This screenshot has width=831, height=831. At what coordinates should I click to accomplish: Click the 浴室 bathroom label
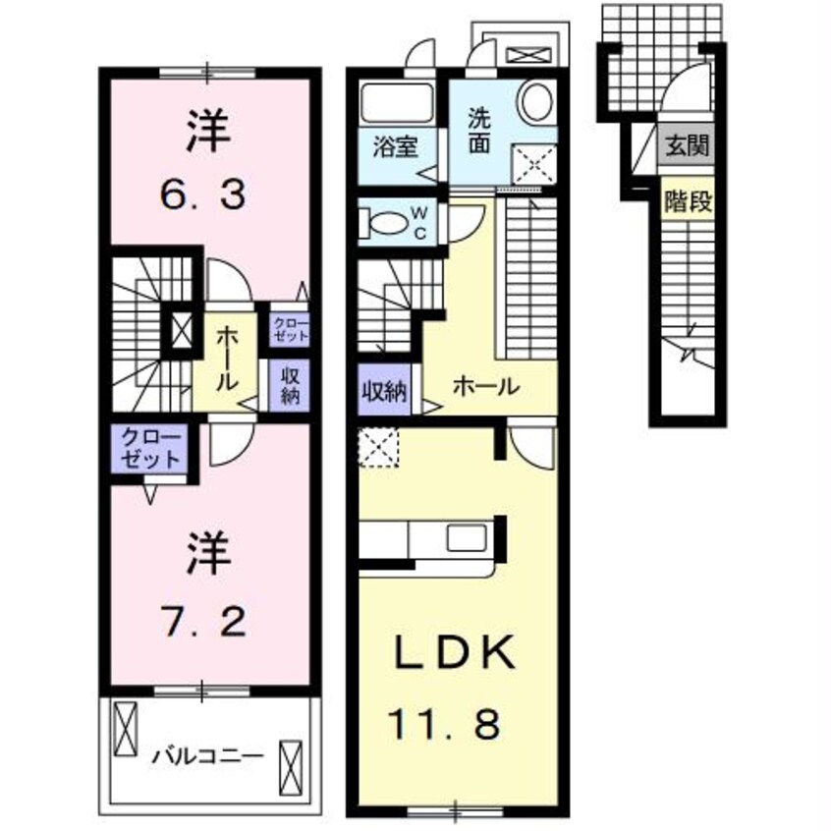[396, 147]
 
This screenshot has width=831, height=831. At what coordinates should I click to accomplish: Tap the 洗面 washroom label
[478, 130]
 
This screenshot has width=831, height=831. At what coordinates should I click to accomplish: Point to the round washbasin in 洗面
[535, 101]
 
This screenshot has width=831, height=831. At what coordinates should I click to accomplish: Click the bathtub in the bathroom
[399, 102]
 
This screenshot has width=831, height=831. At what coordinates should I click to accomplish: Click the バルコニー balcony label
[207, 757]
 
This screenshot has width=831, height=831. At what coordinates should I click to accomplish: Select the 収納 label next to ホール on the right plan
[382, 390]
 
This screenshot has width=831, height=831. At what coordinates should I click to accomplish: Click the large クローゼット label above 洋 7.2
[151, 447]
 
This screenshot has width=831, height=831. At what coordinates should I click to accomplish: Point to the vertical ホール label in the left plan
[224, 359]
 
